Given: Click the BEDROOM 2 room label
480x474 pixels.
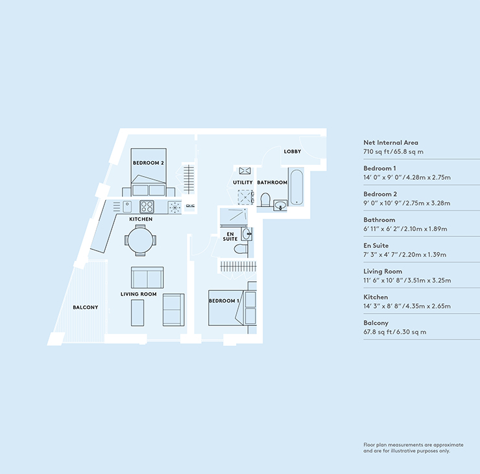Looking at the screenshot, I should (x=148, y=162).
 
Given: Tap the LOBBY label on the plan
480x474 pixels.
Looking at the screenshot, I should (x=292, y=151).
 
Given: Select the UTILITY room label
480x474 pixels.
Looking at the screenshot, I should (x=243, y=183).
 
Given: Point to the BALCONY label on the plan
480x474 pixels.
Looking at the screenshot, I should (x=85, y=307).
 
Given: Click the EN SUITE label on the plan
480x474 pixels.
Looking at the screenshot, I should (x=230, y=237).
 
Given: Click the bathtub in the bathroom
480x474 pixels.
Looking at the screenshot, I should (x=297, y=186).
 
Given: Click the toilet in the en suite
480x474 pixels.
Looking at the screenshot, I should (x=241, y=249).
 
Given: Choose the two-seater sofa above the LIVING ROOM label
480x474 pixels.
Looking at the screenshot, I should (x=147, y=278).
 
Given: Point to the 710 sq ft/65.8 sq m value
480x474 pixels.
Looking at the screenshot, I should (x=393, y=151).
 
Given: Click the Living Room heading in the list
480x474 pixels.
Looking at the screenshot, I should (x=383, y=271).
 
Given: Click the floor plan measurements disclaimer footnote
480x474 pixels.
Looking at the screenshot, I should (x=413, y=447).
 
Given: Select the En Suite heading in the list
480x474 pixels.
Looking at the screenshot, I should (x=377, y=245).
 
